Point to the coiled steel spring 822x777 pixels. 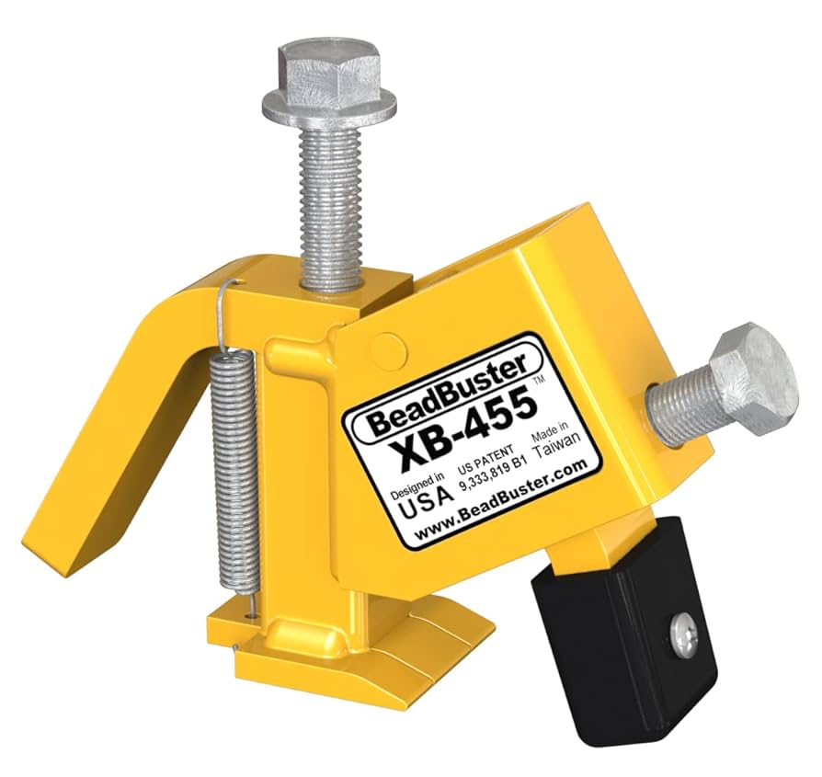click(227, 469)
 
